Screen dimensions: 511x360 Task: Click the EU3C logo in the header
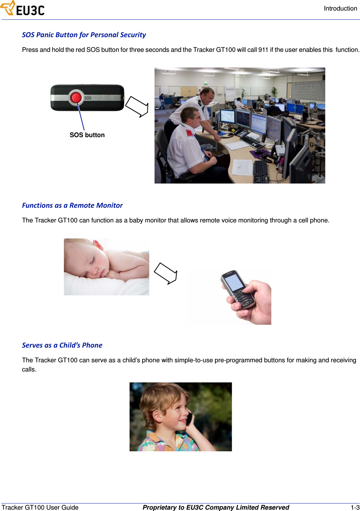[x=23, y=9]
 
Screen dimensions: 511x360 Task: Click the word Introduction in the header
[x=340, y=9]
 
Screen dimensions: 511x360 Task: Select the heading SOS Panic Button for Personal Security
[x=84, y=35]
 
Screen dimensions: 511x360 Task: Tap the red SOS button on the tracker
[x=76, y=97]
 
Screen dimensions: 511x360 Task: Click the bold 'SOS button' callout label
[x=87, y=135]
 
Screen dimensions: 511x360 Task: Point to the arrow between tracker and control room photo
[x=137, y=107]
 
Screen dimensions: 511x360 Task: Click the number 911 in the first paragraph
[x=263, y=50]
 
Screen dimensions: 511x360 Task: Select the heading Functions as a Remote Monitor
[x=72, y=205]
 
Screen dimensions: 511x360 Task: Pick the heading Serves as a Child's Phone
[x=62, y=345]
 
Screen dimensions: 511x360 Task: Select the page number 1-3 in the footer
[x=355, y=507]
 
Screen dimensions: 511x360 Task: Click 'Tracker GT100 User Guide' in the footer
[x=40, y=507]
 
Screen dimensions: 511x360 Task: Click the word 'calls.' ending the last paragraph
[x=29, y=369]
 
